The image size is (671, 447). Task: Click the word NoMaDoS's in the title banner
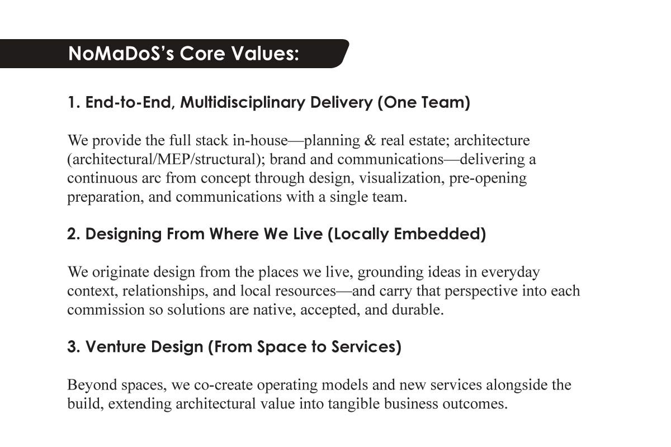click(121, 54)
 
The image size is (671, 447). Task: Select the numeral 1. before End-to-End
click(73, 102)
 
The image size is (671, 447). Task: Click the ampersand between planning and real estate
click(370, 140)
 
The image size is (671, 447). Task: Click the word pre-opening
click(488, 179)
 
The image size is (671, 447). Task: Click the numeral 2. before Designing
click(74, 234)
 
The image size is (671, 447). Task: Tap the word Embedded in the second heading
click(437, 234)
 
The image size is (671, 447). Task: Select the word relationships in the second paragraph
click(165, 291)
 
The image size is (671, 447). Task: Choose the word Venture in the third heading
click(116, 346)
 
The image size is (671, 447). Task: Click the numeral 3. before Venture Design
click(74, 346)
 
